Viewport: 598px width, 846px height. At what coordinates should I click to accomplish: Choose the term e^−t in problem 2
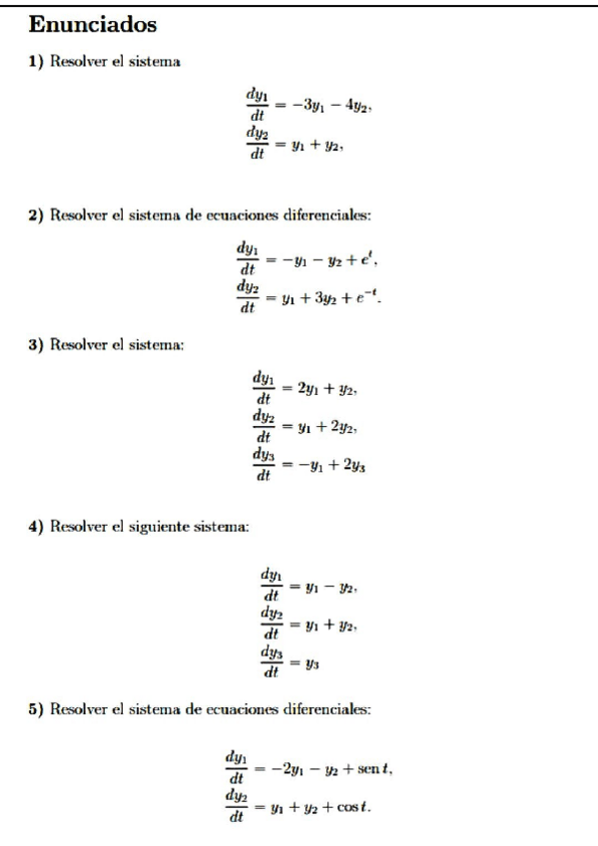click(355, 291)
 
